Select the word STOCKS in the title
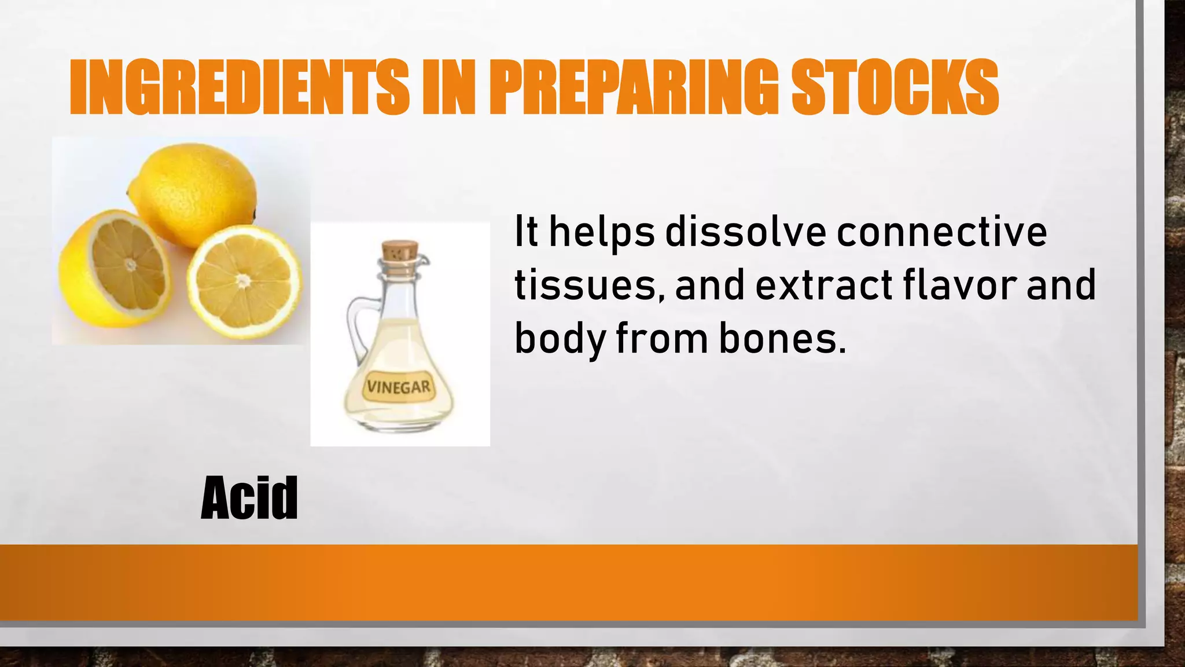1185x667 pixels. [895, 88]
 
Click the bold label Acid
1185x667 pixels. [249, 497]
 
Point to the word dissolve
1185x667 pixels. [746, 232]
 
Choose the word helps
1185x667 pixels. [602, 232]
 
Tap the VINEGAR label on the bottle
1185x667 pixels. [399, 386]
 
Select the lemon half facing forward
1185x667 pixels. [244, 281]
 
